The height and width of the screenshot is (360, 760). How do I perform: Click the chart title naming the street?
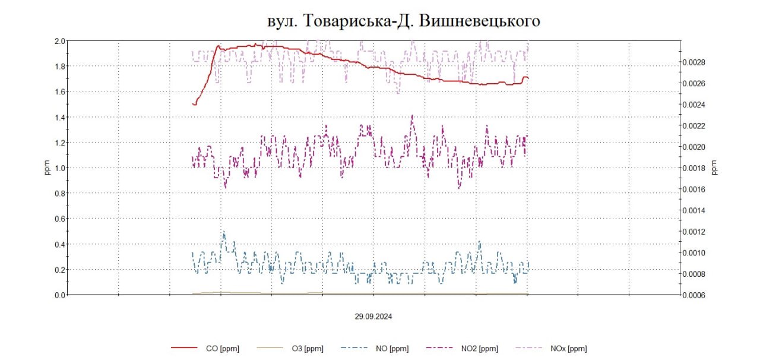click(403, 21)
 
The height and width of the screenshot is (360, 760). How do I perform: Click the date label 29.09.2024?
click(373, 317)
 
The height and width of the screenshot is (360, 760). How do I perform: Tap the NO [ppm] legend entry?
click(391, 349)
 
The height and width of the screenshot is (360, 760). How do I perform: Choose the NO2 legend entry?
click(479, 349)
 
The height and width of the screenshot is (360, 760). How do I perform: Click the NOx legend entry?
click(568, 349)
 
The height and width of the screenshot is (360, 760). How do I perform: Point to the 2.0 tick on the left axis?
click(59, 41)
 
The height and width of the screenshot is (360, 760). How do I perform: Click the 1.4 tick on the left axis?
click(59, 117)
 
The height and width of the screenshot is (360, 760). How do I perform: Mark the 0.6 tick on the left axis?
click(59, 219)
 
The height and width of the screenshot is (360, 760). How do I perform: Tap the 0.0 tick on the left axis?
click(59, 295)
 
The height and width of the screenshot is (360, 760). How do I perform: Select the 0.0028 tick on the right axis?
click(692, 62)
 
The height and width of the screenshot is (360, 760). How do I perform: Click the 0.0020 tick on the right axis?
click(692, 147)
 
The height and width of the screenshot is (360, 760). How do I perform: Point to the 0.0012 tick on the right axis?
click(692, 232)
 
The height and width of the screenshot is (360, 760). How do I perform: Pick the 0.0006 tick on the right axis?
click(692, 295)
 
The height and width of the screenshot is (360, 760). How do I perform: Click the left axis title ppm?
click(47, 168)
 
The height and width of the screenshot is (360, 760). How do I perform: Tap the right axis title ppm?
click(714, 168)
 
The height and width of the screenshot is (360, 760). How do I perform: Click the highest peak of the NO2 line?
click(412, 116)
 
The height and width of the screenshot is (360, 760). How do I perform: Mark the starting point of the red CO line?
click(193, 104)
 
